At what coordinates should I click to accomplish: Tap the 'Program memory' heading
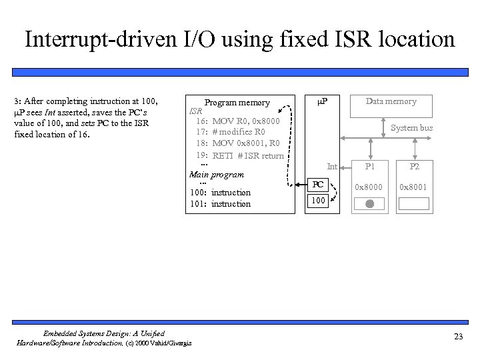coord(237,103)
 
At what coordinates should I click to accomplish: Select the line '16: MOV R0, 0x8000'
coord(243,122)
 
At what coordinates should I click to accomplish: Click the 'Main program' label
coord(217,175)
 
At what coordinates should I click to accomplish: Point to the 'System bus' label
coord(411,127)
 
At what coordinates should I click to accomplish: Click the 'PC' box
coord(319,183)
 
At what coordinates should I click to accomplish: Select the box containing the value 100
coord(319,200)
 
